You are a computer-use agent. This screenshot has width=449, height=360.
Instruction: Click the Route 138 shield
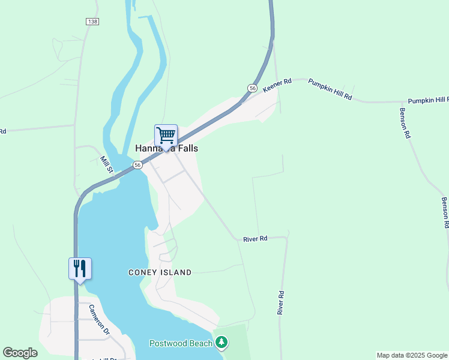[92, 22]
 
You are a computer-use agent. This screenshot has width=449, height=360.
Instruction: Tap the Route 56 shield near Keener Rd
[252, 88]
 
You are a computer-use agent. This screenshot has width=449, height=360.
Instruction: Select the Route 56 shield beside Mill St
[138, 165]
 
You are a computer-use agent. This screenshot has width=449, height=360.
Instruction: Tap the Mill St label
[106, 164]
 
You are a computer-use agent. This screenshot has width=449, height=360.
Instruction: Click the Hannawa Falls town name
[166, 148]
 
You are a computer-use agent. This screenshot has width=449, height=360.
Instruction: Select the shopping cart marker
[166, 136]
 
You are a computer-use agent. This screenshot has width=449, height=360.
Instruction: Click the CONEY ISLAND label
[160, 272]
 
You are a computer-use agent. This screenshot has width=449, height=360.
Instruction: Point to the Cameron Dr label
[99, 319]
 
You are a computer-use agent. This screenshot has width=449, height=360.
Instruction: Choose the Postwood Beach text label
[181, 343]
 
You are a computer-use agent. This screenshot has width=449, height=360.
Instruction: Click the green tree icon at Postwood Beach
[222, 343]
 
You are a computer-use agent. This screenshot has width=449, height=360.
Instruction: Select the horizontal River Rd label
[255, 239]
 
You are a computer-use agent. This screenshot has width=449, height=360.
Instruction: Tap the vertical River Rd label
[280, 303]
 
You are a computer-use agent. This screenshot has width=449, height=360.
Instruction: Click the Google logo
[20, 353]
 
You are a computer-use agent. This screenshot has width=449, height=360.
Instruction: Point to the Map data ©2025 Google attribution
[412, 355]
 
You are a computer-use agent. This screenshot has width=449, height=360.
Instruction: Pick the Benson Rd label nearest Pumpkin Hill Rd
[405, 124]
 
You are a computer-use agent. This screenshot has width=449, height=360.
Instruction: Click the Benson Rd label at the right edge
[445, 213]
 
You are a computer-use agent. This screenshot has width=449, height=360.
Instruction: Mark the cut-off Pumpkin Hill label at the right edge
[428, 100]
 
